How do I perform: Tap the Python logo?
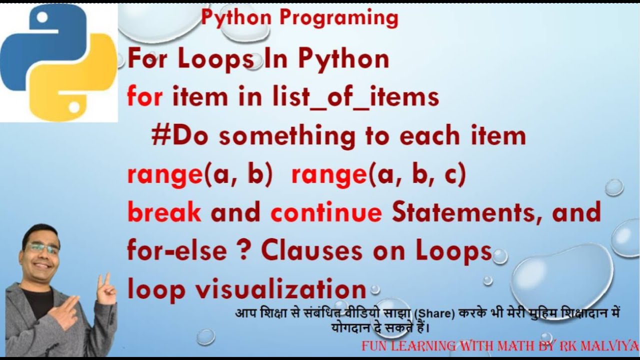pos(58,62)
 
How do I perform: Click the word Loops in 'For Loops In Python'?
pos(215,59)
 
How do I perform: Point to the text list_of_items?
pos(355,96)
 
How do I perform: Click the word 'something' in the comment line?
pos(287,136)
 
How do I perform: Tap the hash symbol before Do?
pos(161,135)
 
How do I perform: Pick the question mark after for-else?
pos(242,250)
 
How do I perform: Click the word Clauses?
pos(311,250)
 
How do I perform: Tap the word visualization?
pos(281,288)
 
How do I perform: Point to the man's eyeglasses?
pos(43,248)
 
